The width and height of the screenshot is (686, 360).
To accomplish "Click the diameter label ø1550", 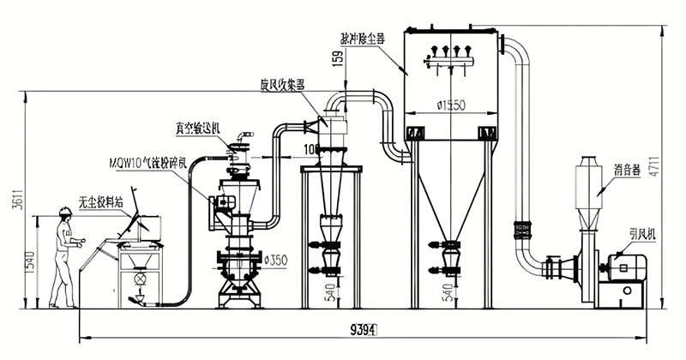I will click(450, 105).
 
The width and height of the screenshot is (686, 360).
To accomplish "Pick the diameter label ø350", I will click(275, 257).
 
